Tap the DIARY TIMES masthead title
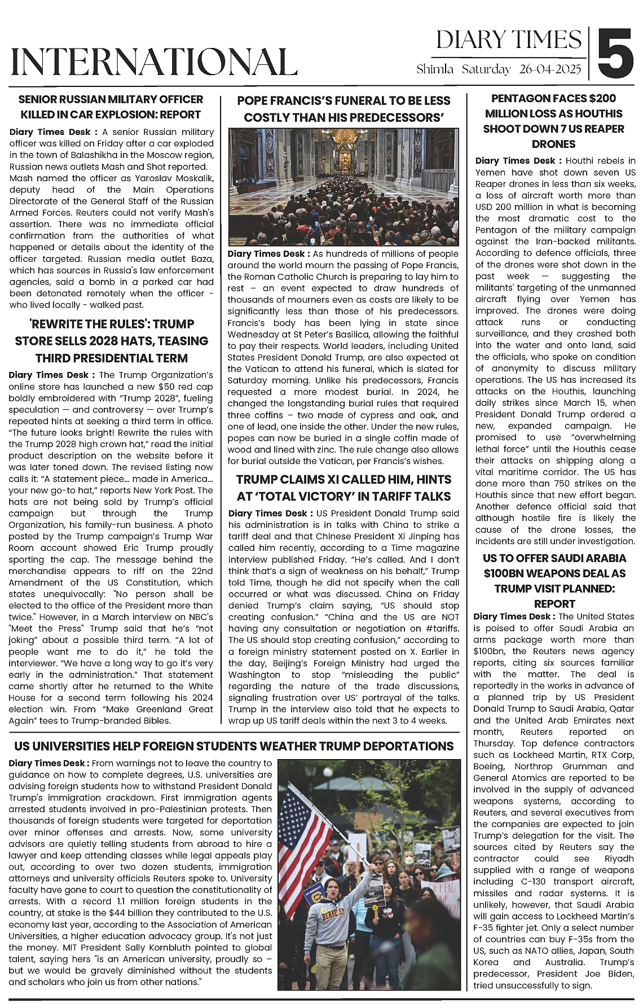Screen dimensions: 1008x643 click(509, 40)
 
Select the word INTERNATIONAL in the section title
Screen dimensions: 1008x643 click(154, 62)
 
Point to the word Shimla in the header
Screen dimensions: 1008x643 click(435, 70)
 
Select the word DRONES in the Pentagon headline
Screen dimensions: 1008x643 click(553, 144)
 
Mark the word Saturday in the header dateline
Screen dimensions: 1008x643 click(486, 70)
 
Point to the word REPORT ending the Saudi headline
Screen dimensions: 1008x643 click(554, 604)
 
